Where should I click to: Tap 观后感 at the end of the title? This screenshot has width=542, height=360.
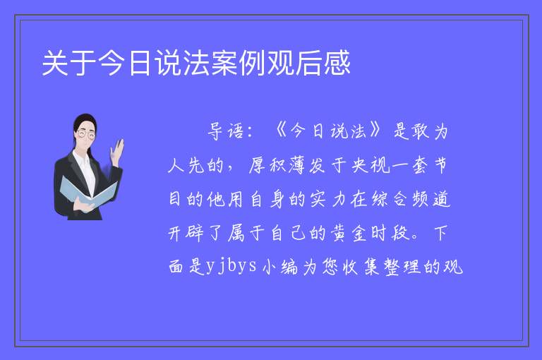pos(308,63)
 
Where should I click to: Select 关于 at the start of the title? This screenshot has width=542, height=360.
pos(69,63)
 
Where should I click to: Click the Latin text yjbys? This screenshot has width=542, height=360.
pos(231,267)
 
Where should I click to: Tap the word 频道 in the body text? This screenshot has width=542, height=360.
pos(430,199)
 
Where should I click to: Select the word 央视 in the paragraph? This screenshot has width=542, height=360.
pos(371,165)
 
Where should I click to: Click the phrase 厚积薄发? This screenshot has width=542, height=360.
pos(287,165)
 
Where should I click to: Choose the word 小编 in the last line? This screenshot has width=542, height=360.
pos(279,267)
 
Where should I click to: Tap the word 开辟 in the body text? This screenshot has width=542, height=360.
pos(186,233)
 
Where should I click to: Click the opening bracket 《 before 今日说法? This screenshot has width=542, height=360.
pos(280,131)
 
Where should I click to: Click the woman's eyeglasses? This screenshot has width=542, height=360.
pos(85,134)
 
